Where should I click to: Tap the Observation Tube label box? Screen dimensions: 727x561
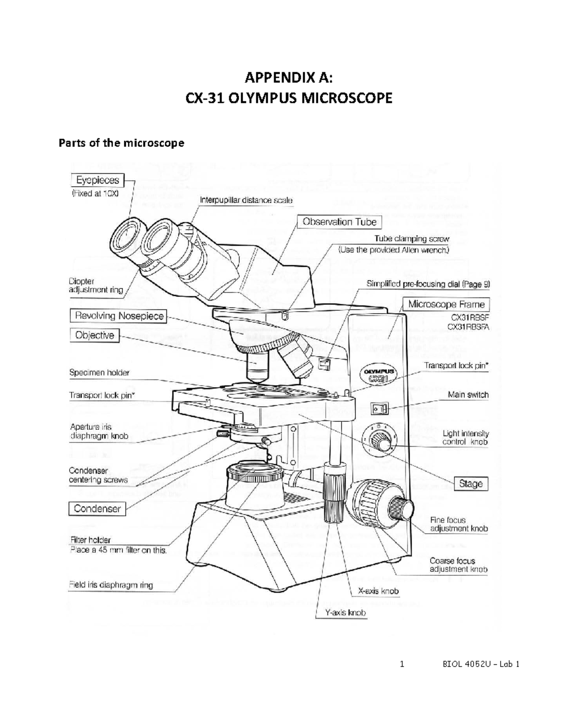339,222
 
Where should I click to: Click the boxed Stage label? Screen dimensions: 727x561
471,484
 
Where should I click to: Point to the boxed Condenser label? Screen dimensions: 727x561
97,509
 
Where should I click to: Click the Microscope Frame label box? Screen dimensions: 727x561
446,304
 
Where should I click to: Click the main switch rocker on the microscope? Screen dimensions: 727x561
379,409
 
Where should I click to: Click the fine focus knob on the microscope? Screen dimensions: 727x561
403,508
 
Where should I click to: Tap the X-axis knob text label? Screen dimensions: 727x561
378,591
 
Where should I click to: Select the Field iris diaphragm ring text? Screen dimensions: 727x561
111,585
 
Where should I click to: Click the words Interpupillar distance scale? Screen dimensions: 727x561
246,200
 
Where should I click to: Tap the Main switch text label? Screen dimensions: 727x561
468,395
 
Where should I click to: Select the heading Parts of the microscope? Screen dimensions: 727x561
121,143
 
